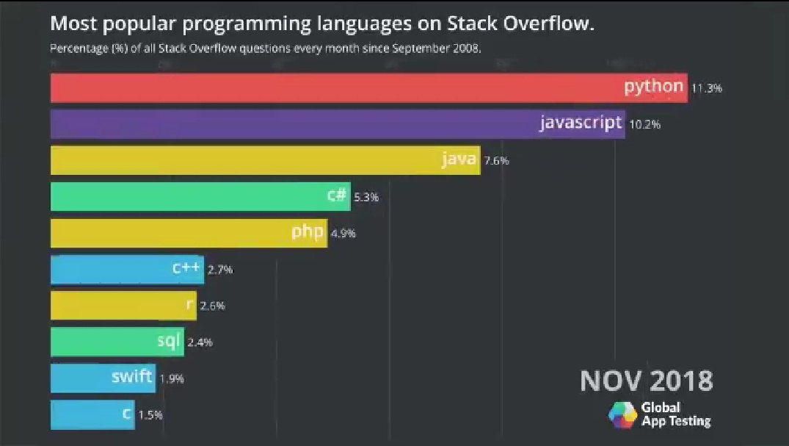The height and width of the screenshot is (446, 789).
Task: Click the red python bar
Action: click(367, 87)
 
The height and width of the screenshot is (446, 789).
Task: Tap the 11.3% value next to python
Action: click(707, 88)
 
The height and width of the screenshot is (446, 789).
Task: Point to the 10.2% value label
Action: click(644, 124)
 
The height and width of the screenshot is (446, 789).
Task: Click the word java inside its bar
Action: click(459, 159)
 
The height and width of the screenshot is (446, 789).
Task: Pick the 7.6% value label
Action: click(496, 161)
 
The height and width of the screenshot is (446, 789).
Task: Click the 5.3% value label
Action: click(366, 197)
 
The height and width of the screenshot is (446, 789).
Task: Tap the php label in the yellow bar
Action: click(308, 232)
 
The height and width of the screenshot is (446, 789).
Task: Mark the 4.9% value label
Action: click(343, 234)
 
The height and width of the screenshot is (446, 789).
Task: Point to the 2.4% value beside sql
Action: click(200, 342)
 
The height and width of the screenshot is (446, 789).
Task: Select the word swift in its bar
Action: click(131, 378)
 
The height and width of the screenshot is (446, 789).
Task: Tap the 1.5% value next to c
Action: click(150, 415)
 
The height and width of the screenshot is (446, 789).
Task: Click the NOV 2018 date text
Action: click(646, 381)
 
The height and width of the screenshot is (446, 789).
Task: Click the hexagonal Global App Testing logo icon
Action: click(622, 415)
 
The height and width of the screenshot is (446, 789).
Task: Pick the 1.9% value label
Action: click(171, 379)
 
